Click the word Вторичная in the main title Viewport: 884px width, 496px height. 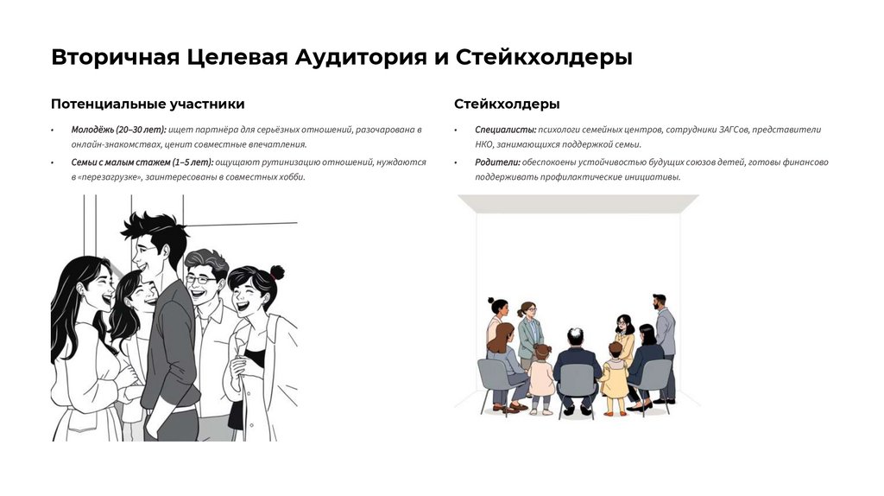[x=116, y=58]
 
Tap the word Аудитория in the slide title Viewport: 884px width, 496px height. [x=361, y=58]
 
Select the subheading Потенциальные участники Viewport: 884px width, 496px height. [x=148, y=104]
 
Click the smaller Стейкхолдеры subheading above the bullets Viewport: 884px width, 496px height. [x=507, y=104]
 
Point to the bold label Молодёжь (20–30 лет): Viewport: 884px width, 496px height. [x=118, y=130]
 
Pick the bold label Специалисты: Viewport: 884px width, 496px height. [x=506, y=130]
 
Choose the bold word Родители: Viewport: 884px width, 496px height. [x=497, y=162]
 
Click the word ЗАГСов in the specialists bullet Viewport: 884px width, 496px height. [x=734, y=130]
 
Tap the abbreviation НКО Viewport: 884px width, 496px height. [x=484, y=144]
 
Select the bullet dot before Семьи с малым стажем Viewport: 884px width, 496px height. [x=53, y=163]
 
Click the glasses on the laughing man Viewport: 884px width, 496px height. [x=200, y=279]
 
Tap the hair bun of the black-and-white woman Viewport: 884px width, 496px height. [x=277, y=272]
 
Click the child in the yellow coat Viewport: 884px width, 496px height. [x=615, y=378]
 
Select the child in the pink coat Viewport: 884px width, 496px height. [x=542, y=379]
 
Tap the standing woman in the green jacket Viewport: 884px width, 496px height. [x=529, y=334]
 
